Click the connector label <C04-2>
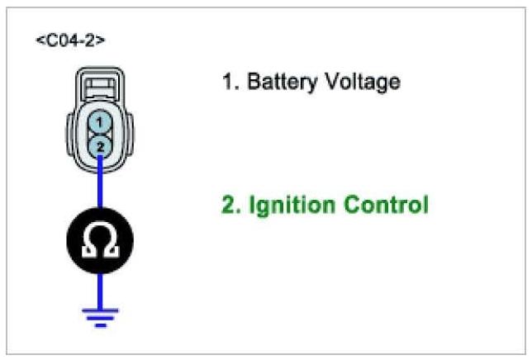(70, 40)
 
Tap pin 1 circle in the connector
(99, 122)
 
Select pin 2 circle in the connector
(99, 145)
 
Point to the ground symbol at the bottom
(101, 317)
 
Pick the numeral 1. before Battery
(228, 83)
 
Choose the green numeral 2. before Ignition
(229, 205)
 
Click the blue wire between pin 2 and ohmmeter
(100, 187)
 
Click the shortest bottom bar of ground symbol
(101, 324)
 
